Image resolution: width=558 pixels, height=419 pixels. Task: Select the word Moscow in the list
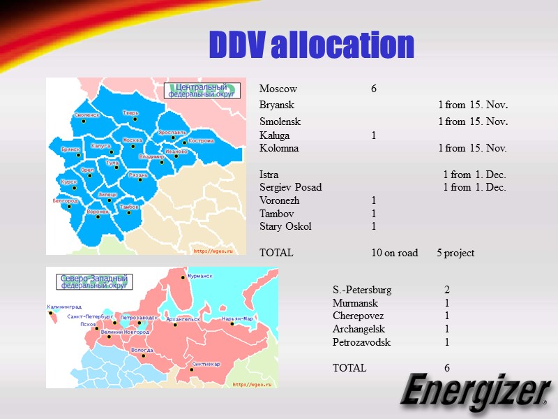tap(278, 89)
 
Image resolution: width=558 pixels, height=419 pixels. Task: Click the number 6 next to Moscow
tap(374, 89)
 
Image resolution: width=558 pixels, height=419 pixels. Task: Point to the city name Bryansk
tap(277, 105)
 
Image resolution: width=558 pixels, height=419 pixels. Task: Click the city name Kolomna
tap(279, 148)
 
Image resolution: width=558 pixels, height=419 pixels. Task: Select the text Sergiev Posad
tap(290, 187)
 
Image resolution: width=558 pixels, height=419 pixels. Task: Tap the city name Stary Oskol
tap(285, 226)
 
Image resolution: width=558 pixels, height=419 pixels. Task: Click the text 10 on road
tap(395, 253)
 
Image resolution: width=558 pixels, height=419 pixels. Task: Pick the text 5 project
tap(455, 253)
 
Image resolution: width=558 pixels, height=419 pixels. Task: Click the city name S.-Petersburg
tap(362, 289)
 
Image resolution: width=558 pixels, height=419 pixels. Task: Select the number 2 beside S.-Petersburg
tap(447, 289)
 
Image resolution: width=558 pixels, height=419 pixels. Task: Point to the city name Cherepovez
tap(358, 316)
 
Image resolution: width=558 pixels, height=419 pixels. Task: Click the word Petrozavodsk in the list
tap(361, 342)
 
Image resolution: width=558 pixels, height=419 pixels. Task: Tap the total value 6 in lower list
tap(447, 368)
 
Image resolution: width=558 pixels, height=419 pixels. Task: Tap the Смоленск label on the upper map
tap(86, 115)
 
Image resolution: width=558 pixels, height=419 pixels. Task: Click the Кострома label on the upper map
tap(201, 140)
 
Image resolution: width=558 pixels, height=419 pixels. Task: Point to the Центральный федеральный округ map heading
tap(202, 90)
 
